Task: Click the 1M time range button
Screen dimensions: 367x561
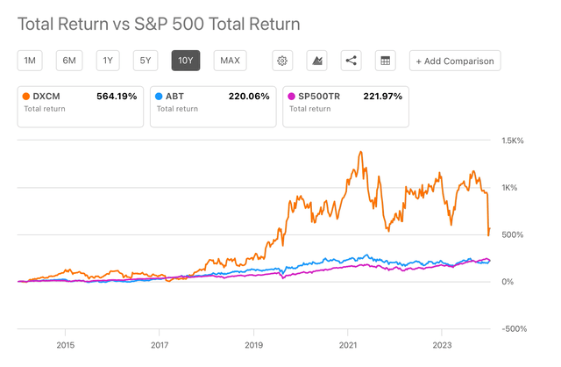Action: (x=30, y=61)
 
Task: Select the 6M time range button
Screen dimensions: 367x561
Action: (x=68, y=61)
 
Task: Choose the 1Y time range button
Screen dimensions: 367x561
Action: (x=108, y=61)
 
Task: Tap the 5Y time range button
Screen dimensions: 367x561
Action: (x=146, y=61)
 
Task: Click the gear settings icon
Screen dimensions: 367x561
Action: (x=282, y=61)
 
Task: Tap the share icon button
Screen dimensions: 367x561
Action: (x=351, y=61)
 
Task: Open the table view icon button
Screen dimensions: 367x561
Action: (x=384, y=61)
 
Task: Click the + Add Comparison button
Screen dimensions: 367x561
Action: (x=455, y=61)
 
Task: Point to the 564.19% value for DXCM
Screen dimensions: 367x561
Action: (x=117, y=96)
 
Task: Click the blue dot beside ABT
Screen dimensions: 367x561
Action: (x=158, y=96)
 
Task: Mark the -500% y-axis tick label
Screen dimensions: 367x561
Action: (x=513, y=328)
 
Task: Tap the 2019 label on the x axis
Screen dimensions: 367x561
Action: (x=253, y=345)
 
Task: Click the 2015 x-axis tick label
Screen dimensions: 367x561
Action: (x=65, y=345)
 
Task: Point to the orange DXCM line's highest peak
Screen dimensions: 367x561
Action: (x=360, y=152)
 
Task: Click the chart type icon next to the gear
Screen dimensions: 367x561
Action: (x=316, y=61)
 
